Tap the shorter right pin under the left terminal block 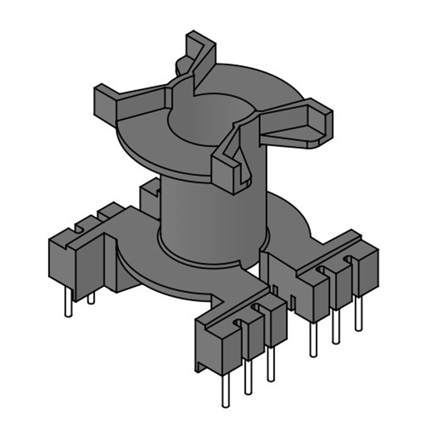coord(91,298)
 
